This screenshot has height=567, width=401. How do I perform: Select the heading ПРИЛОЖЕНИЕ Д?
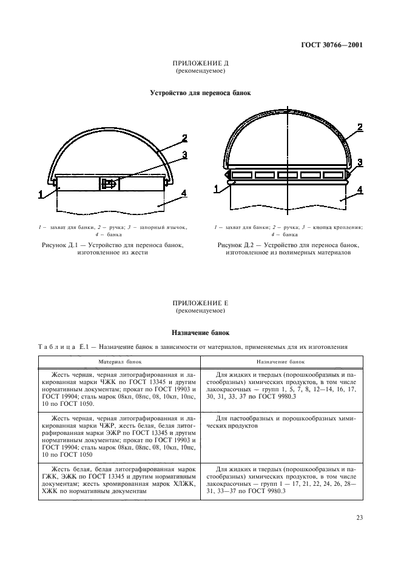pos(200,64)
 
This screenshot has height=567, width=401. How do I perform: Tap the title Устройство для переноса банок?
pos(200,93)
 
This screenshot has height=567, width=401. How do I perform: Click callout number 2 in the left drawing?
pos(183,138)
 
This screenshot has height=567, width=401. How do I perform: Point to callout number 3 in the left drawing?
pos(183,155)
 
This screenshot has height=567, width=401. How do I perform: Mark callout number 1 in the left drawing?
pos(41,194)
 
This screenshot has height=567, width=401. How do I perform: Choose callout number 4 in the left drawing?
pos(183,194)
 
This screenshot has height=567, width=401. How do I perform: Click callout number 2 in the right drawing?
pos(360,127)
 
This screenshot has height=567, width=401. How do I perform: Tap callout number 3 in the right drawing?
pos(360,162)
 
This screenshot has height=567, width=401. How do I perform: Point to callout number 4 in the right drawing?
pos(360,190)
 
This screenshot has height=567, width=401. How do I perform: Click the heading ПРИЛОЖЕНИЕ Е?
pos(200,302)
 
